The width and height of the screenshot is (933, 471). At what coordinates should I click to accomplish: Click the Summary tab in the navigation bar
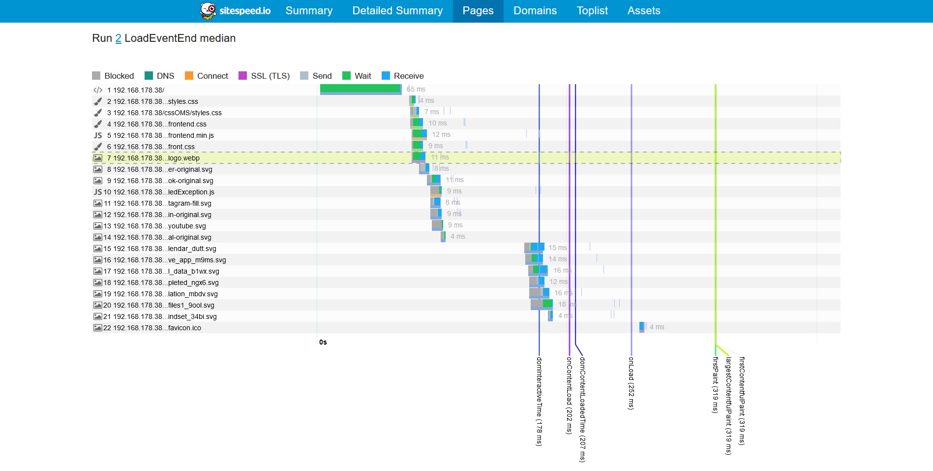click(309, 11)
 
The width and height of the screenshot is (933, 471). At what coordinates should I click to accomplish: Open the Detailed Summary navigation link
click(397, 11)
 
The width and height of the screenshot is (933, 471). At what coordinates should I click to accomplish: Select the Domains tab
click(535, 11)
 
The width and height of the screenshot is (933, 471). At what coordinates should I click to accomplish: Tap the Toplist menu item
click(592, 11)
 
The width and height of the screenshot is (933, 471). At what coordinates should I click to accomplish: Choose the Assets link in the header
click(644, 11)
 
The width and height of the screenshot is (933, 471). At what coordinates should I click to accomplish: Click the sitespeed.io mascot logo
click(208, 11)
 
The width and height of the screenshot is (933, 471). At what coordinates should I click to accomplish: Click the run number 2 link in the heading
click(118, 38)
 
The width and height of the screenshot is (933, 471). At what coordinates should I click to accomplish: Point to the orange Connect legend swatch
click(189, 76)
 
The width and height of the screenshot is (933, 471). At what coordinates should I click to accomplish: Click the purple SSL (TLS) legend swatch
click(242, 76)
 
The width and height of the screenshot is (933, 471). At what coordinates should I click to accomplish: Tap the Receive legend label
click(408, 76)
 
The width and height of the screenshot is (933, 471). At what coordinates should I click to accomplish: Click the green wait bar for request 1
click(360, 88)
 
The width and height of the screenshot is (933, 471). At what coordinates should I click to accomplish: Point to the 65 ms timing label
click(416, 89)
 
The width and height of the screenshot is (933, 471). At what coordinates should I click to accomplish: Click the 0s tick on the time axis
click(323, 342)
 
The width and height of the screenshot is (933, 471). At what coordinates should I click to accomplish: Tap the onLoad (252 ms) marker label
click(631, 383)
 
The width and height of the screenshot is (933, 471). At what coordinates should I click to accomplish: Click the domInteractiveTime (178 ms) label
click(539, 401)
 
